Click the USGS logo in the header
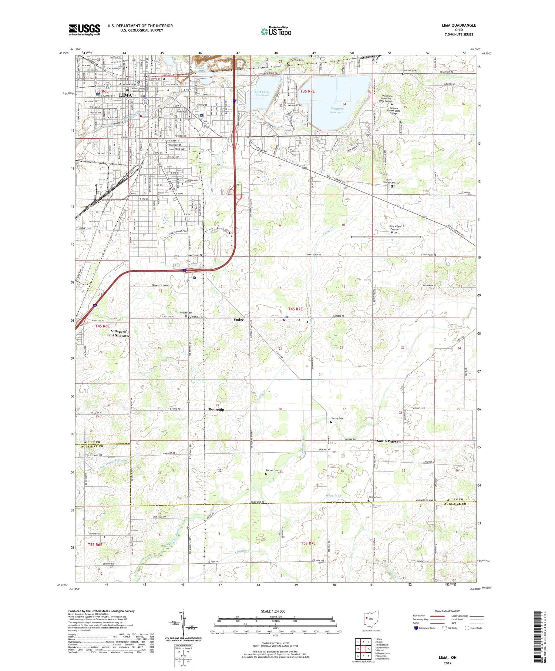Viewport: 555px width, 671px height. (84, 30)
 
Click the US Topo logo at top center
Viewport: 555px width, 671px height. (276, 31)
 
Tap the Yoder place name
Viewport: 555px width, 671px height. (239, 319)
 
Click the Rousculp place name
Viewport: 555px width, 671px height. (216, 409)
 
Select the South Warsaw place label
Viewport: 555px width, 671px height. (389, 441)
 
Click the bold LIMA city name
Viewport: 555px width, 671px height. (126, 95)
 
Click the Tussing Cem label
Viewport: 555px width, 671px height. (337, 419)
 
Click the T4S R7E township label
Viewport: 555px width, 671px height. (296, 309)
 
